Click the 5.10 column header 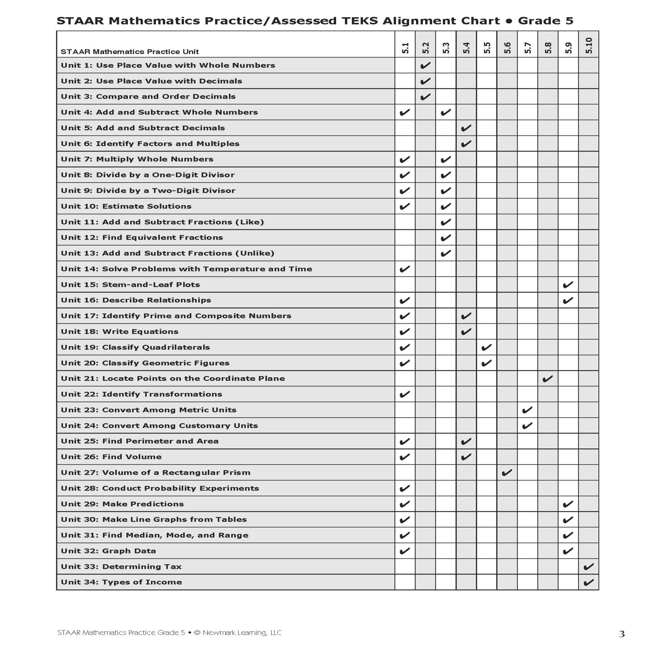[589, 45]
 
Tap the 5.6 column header [507, 48]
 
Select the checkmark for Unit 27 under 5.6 [507, 472]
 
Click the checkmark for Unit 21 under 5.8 [548, 378]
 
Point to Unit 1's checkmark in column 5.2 [425, 65]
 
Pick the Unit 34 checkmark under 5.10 [588, 582]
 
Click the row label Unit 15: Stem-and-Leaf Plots [130, 285]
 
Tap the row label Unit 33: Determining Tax [121, 566]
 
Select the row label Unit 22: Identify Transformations [141, 394]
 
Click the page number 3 [621, 634]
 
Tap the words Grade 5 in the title [546, 21]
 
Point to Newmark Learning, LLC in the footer [242, 632]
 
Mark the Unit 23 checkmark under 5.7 [527, 410]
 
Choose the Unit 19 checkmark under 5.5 [486, 347]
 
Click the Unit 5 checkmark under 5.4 [466, 128]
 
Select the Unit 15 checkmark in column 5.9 [568, 285]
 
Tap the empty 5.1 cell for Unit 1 [405, 65]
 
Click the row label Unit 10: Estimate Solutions [126, 206]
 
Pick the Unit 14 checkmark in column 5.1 [405, 269]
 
